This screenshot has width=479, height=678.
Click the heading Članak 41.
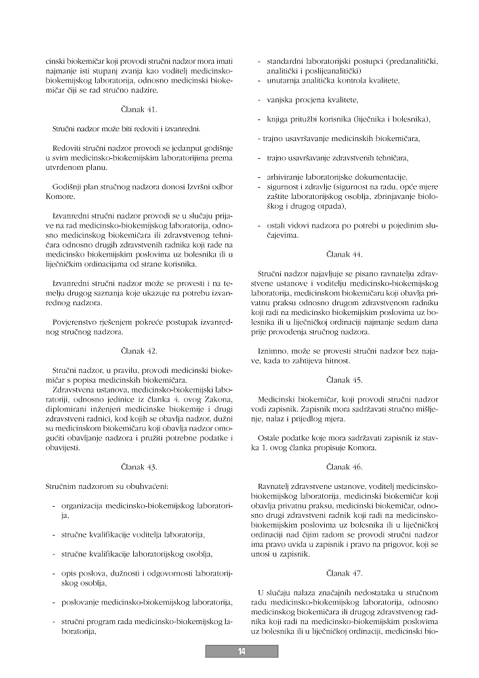(138, 109)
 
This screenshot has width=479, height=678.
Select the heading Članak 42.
(138, 351)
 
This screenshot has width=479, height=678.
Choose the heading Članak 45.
(344, 379)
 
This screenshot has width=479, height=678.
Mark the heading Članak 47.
(344, 573)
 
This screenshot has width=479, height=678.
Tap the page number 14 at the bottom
(241, 651)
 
